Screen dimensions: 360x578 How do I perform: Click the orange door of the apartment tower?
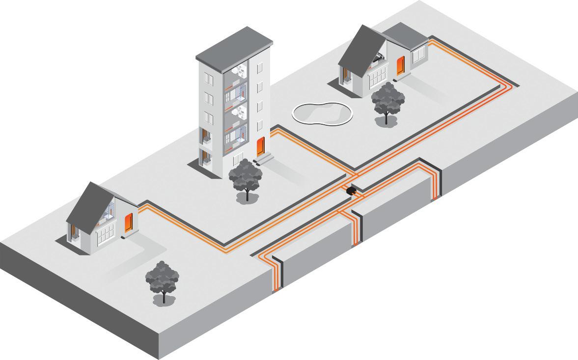(x=260, y=146)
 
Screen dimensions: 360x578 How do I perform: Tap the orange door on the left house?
(x=129, y=223)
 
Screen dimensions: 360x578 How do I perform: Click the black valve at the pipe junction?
(x=351, y=190)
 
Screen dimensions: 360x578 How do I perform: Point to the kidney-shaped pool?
(x=322, y=112)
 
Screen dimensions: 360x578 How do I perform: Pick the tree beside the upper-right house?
(x=388, y=101)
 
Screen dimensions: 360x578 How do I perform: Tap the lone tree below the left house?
(x=162, y=280)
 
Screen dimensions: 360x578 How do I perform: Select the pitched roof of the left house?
(x=83, y=204)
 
